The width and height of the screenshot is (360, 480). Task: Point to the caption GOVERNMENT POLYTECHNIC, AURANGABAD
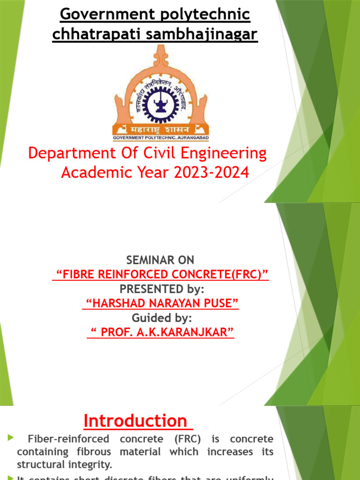[x=161, y=138]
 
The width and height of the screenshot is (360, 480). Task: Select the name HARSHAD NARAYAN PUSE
[x=161, y=303]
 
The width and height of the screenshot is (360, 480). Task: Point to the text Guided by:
[x=162, y=318]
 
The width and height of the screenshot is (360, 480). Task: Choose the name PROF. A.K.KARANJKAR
[x=161, y=332]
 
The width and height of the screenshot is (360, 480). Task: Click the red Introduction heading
[x=135, y=421]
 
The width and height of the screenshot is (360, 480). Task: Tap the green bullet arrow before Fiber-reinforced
[x=10, y=438]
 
